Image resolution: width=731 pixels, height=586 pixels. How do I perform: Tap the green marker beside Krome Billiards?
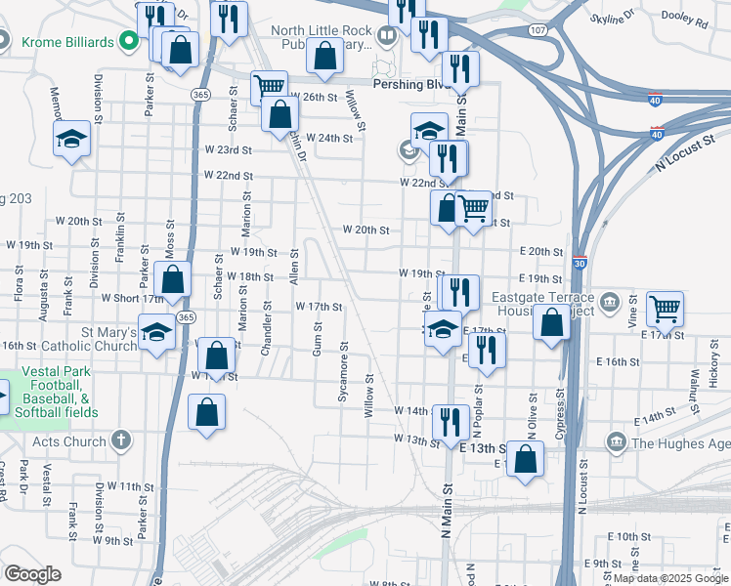[x=126, y=42]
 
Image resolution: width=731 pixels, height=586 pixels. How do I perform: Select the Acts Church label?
[x=68, y=440]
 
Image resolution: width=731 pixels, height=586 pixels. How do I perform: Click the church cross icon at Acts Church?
[x=121, y=440]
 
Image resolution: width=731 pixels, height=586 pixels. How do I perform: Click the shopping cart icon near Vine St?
[x=665, y=310]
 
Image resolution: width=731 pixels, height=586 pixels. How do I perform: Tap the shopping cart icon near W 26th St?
[x=269, y=88]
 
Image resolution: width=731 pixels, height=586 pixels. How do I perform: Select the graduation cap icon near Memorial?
[x=72, y=139]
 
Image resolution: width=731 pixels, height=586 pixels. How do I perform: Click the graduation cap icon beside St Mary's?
[x=156, y=333]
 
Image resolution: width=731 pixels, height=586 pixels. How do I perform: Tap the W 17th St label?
[x=319, y=307]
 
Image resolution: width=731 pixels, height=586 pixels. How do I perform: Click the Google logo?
[x=33, y=574]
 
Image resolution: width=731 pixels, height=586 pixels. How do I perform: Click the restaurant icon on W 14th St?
[x=450, y=422]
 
